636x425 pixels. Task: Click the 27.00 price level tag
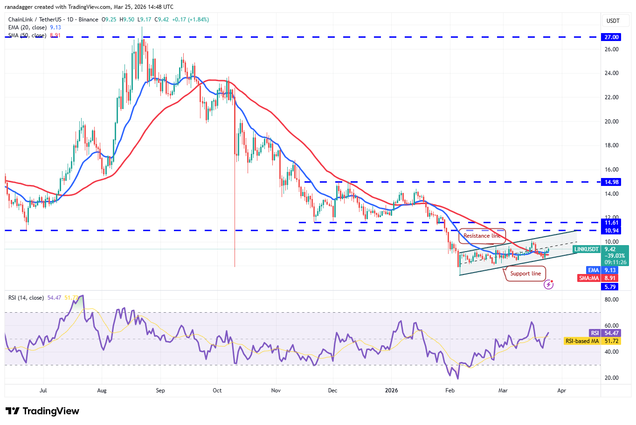click(x=611, y=37)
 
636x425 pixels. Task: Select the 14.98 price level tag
click(x=611, y=182)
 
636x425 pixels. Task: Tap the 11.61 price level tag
click(x=611, y=223)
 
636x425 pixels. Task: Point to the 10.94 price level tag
click(x=611, y=231)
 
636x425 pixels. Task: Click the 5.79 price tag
click(x=610, y=287)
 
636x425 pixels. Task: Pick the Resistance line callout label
click(x=482, y=236)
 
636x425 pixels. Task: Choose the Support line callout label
click(x=525, y=274)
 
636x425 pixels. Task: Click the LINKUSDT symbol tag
click(x=587, y=249)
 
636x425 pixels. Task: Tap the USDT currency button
click(x=613, y=21)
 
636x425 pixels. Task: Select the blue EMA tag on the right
click(x=593, y=270)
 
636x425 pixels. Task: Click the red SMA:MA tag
click(x=589, y=278)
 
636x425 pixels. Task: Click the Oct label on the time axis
click(x=217, y=391)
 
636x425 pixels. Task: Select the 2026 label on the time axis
click(x=392, y=391)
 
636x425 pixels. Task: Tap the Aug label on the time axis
click(x=102, y=391)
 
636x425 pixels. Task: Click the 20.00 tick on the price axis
click(x=611, y=122)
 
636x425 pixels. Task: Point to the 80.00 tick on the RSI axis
click(x=611, y=300)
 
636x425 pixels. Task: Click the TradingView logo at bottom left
click(x=42, y=411)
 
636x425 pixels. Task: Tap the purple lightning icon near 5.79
click(x=549, y=284)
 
